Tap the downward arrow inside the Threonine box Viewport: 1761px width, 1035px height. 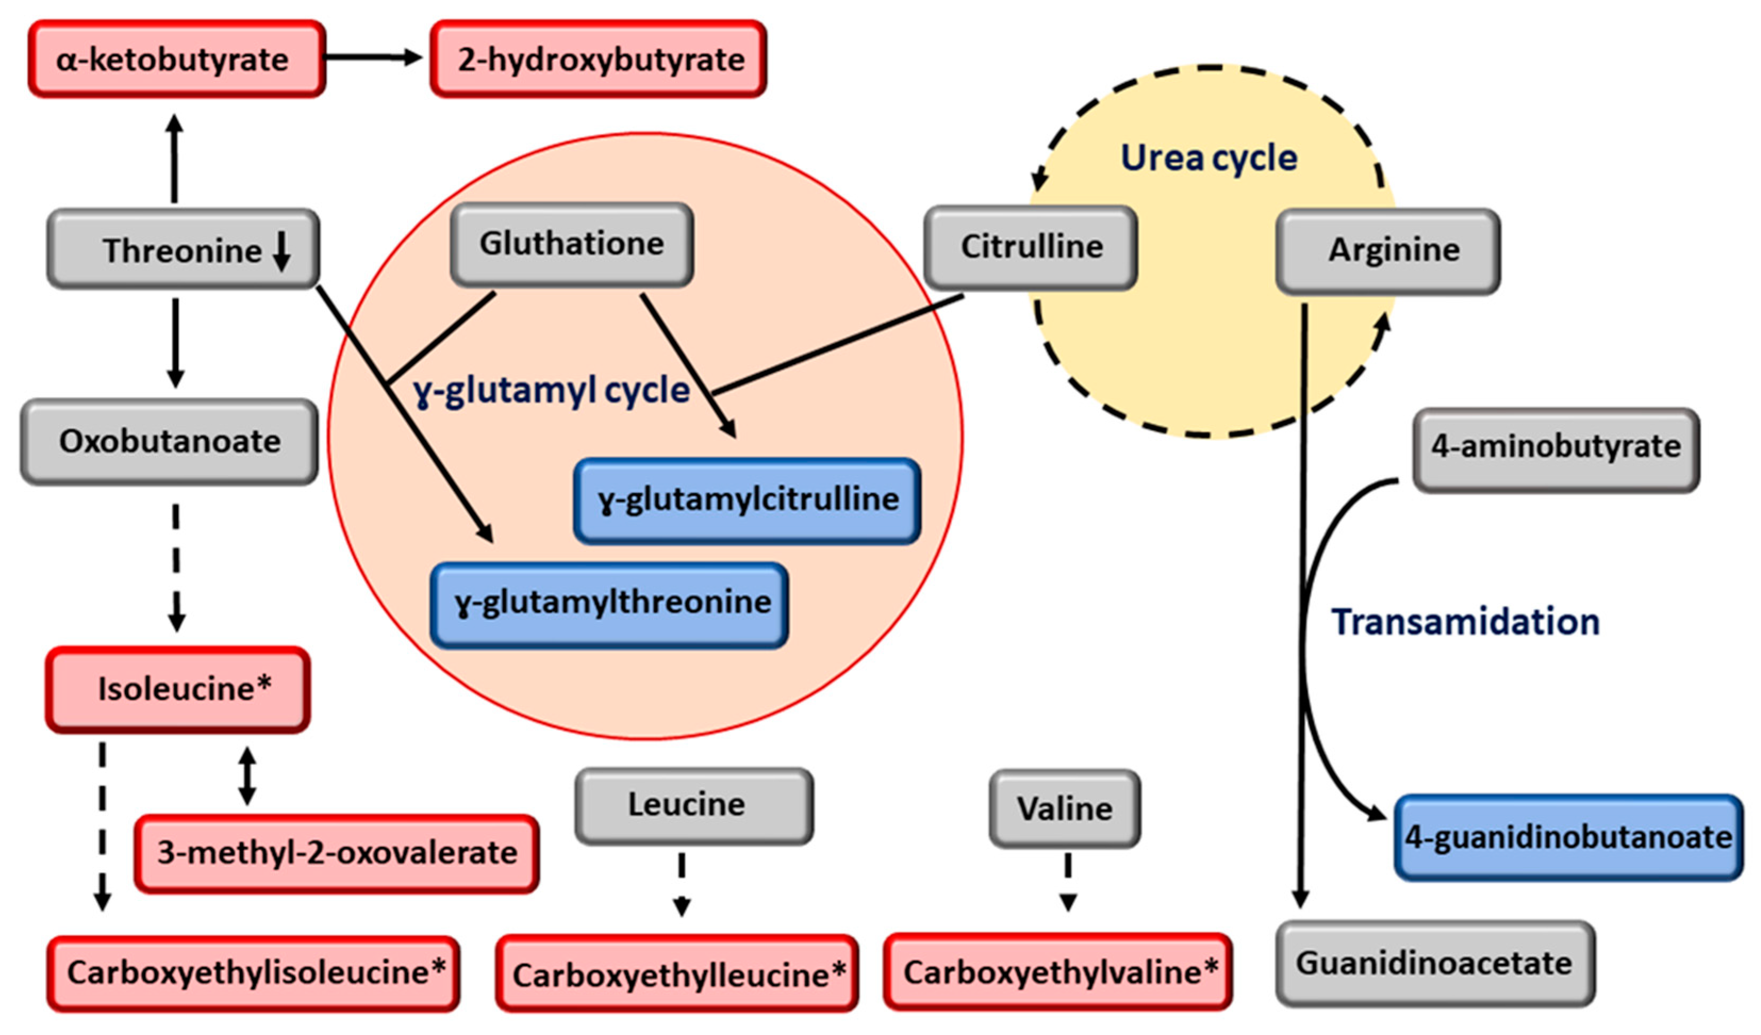pos(281,252)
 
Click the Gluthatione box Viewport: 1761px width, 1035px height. pos(571,245)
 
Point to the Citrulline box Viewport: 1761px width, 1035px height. pos(1030,247)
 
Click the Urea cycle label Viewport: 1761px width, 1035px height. pos(1209,158)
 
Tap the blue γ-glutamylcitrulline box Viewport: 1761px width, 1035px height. pos(746,500)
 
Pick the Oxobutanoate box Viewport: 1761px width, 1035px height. pos(169,441)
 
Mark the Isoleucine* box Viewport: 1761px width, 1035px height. pos(178,689)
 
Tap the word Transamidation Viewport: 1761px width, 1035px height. pos(1465,622)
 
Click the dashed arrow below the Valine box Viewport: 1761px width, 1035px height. pos(1068,882)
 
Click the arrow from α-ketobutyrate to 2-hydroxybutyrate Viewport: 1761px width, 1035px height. pos(375,57)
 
